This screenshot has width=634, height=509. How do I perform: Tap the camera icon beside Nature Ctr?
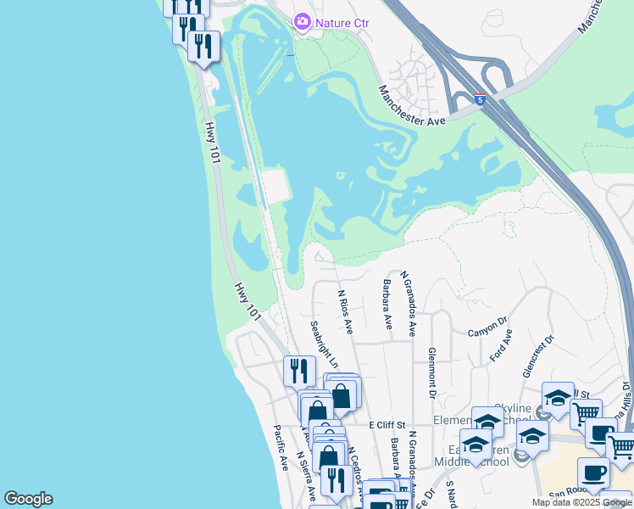[302, 22]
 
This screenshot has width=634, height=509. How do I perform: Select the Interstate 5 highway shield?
[481, 99]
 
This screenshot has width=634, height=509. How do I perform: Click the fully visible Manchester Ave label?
[413, 107]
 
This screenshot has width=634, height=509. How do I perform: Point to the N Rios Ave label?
[345, 310]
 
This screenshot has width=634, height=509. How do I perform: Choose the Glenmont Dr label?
[432, 372]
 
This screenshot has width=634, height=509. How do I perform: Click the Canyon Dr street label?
[487, 327]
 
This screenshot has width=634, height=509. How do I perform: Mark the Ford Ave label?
[502, 347]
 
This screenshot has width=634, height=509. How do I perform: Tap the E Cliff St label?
[387, 423]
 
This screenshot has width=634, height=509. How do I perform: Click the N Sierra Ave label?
[306, 475]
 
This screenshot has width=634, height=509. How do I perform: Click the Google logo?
[28, 499]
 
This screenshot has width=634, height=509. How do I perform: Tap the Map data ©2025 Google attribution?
[581, 502]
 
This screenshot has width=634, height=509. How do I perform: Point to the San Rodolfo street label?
[567, 494]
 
